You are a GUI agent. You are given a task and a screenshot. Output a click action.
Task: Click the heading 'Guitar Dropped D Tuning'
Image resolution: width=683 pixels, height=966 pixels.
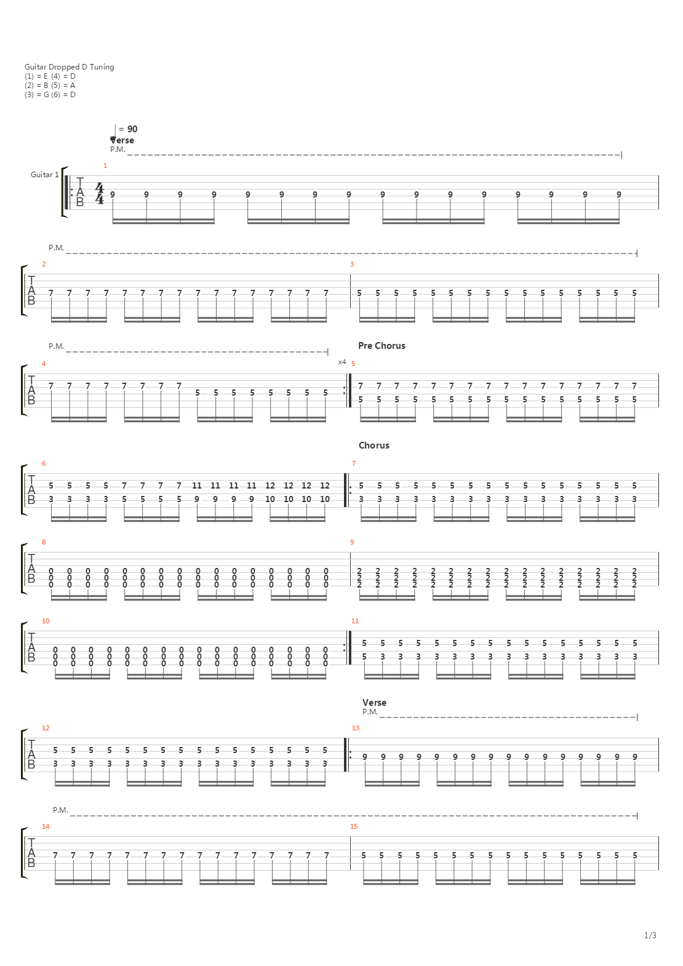click(x=69, y=67)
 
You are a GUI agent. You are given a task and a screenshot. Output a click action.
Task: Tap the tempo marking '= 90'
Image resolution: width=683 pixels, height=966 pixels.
click(x=127, y=129)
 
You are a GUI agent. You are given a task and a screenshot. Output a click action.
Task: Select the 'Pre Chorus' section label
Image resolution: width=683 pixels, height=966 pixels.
click(x=381, y=346)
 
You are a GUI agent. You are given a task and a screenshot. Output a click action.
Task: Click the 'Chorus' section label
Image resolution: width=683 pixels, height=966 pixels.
click(x=374, y=445)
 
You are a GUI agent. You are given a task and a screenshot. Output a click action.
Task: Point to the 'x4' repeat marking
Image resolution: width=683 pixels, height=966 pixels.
click(x=342, y=362)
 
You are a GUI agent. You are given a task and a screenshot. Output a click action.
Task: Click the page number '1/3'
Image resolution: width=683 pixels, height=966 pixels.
click(x=650, y=936)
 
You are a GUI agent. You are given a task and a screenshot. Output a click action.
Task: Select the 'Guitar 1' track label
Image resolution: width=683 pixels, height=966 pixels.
click(x=44, y=175)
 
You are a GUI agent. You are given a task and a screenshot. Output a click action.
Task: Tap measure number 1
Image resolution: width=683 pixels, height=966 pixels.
click(x=105, y=166)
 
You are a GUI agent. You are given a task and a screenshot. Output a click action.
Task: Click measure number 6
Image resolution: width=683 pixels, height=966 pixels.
click(x=44, y=463)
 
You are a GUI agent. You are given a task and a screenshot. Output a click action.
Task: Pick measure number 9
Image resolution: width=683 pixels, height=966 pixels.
click(x=352, y=542)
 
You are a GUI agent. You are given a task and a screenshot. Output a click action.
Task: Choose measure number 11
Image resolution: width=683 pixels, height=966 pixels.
click(x=355, y=621)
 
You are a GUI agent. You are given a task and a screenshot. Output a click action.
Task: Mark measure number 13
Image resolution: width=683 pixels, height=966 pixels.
click(x=356, y=728)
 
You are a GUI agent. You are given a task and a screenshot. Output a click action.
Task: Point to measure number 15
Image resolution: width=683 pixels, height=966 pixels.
click(x=354, y=826)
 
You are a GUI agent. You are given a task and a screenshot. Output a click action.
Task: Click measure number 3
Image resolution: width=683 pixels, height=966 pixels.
click(x=352, y=264)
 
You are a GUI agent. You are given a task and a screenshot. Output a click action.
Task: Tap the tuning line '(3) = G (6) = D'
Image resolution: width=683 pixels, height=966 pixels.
click(x=50, y=95)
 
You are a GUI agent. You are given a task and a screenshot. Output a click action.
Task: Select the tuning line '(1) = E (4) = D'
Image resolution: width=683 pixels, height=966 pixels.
click(x=50, y=76)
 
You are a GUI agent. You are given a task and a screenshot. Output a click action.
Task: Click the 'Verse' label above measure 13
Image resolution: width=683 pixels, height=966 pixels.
click(x=374, y=703)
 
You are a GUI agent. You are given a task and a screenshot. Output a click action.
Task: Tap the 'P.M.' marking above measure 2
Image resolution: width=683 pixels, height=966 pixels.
click(x=56, y=248)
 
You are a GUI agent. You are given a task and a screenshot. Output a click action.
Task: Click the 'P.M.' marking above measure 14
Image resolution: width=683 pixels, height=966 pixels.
click(x=60, y=810)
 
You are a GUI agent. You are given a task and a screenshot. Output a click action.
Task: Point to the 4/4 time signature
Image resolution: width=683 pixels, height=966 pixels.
click(x=100, y=193)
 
